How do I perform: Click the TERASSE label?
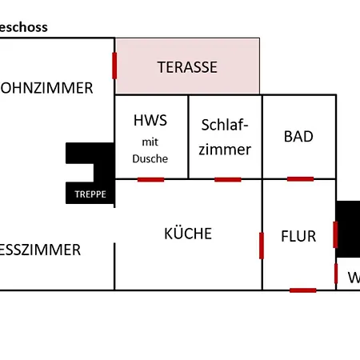pyautogui.click(x=186, y=67)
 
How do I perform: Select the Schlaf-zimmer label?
pyautogui.click(x=225, y=137)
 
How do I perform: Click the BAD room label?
pyautogui.click(x=298, y=136)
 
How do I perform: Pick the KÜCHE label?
pyautogui.click(x=188, y=234)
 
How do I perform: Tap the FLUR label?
pyautogui.click(x=298, y=237)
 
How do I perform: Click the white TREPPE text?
pyautogui.click(x=90, y=194)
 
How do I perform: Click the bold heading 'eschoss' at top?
pyautogui.click(x=24, y=27)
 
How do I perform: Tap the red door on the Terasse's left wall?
pyautogui.click(x=115, y=66)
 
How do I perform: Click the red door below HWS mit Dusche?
pyautogui.click(x=150, y=179)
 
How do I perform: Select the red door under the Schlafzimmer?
pyautogui.click(x=227, y=179)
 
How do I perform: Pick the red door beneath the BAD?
pyautogui.click(x=300, y=178)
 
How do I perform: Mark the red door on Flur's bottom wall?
pyautogui.click(x=302, y=290)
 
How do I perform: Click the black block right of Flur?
pyautogui.click(x=348, y=228)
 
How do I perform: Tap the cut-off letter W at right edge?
pyautogui.click(x=354, y=278)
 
